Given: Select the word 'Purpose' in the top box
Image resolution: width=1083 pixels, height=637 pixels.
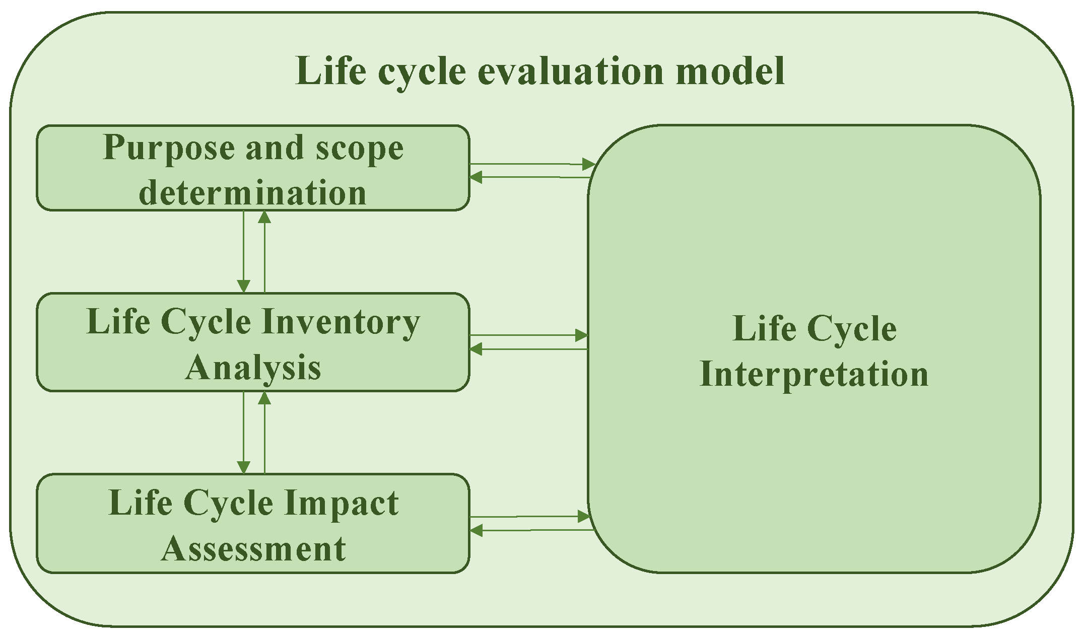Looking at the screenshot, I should [x=168, y=149].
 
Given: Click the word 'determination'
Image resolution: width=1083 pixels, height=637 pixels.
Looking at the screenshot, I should [x=252, y=193].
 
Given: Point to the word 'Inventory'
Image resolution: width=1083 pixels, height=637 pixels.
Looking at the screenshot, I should [x=341, y=323].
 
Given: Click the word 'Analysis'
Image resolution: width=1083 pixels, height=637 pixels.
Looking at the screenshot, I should [x=253, y=368].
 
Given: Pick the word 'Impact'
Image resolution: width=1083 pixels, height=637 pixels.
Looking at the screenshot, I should [x=341, y=503].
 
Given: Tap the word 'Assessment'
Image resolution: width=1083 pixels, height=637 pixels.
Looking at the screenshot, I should [x=253, y=548].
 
